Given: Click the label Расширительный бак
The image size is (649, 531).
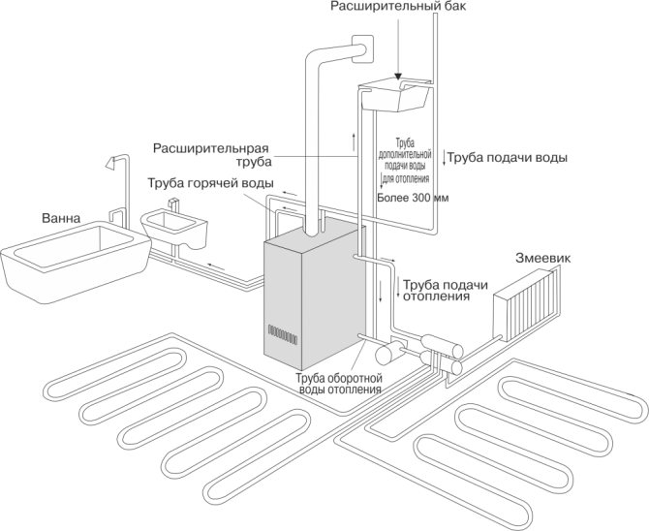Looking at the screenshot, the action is (x=398, y=7).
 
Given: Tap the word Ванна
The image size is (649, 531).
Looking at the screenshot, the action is (x=61, y=218).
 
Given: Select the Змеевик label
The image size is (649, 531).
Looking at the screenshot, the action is (x=542, y=258).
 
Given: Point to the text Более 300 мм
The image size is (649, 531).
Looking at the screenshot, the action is (x=413, y=198).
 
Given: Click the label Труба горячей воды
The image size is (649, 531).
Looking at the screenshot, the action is (x=210, y=183).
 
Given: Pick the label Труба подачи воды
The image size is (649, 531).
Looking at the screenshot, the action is (x=507, y=158).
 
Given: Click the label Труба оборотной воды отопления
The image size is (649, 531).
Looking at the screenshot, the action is (x=339, y=384).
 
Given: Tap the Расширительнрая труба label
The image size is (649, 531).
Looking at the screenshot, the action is (x=211, y=154).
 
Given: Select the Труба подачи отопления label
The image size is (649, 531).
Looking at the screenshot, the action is (x=446, y=291).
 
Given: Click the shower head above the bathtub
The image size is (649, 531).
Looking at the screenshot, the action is (x=110, y=163).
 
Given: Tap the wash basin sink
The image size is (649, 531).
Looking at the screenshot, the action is (x=174, y=228).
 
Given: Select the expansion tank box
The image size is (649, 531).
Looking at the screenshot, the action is (x=394, y=94).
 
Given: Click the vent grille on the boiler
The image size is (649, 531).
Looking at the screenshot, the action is (x=283, y=334).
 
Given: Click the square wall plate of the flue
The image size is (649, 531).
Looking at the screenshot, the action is (x=362, y=48).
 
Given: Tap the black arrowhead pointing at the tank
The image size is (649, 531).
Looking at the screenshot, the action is (x=398, y=77).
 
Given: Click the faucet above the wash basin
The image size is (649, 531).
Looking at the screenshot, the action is (x=173, y=204).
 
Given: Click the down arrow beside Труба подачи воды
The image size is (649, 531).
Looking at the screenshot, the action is (x=444, y=158).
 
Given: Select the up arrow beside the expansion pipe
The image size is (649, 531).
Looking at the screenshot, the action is (x=354, y=142).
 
